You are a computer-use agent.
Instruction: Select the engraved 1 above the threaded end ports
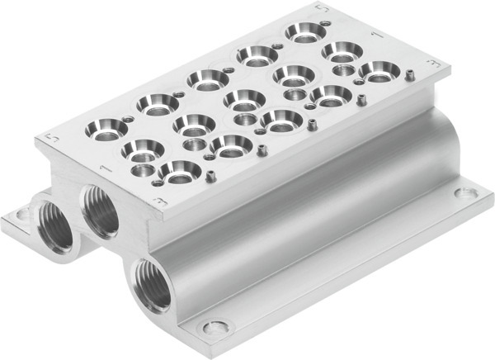(101, 168)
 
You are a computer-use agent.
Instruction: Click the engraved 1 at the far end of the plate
(375, 36)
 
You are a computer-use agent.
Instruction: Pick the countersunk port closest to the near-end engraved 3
(179, 171)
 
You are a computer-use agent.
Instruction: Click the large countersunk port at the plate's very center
(243, 101)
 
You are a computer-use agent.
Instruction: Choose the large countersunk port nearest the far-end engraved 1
(341, 53)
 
